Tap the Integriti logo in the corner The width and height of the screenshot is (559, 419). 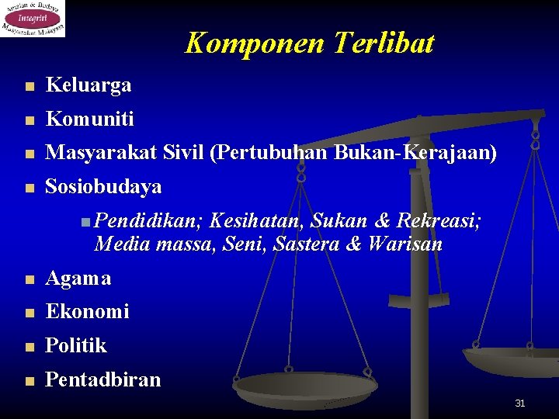pos(33,19)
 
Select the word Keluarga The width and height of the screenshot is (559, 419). pos(89,85)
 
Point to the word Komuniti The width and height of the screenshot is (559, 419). pos(90,119)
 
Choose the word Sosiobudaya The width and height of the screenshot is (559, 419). pos(104,187)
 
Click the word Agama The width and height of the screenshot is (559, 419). pos(78,278)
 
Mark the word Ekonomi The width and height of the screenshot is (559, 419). pos(88,311)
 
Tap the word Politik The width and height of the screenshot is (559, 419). pos(76,345)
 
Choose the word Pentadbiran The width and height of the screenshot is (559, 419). pos(103,379)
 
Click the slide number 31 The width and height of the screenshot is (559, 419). pos(520,403)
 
